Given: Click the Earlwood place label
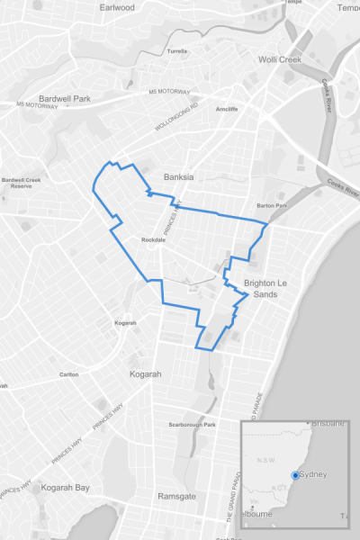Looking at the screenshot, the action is (x=117, y=7).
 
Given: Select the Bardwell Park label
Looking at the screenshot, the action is (x=65, y=99).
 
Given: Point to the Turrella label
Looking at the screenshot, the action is (x=177, y=51).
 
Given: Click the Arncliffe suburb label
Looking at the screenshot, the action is (x=227, y=109).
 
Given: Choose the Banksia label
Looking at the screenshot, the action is (x=178, y=176).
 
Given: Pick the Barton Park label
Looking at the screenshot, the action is (x=271, y=205).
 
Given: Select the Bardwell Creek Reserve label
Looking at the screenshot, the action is (x=22, y=183).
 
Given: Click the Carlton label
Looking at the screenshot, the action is (x=68, y=374).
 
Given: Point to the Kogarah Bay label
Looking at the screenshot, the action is (x=65, y=488).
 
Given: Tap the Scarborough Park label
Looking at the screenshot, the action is (x=193, y=425).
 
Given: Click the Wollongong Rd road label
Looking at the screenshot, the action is (x=175, y=115).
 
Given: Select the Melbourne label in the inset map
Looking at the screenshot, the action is (x=257, y=514).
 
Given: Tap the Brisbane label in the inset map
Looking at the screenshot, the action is (x=329, y=425).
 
